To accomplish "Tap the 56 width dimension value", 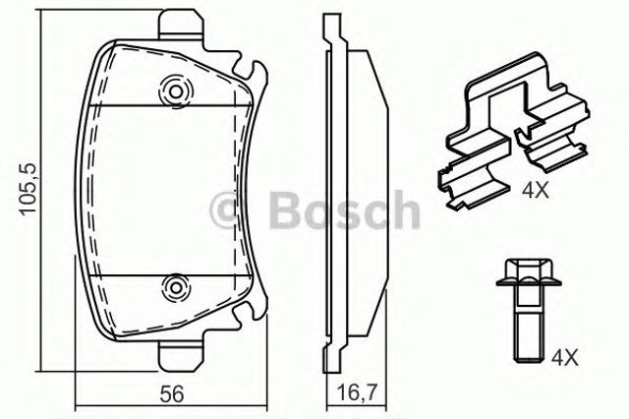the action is [x=172, y=394].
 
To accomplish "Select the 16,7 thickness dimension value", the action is [x=356, y=394].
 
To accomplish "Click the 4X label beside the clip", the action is [x=536, y=191].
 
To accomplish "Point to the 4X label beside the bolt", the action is [x=565, y=358].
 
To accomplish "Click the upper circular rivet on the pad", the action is [x=176, y=91].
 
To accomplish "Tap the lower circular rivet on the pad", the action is [x=176, y=287].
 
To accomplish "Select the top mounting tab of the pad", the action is [x=181, y=25].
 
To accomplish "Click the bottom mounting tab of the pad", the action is [x=181, y=356].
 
